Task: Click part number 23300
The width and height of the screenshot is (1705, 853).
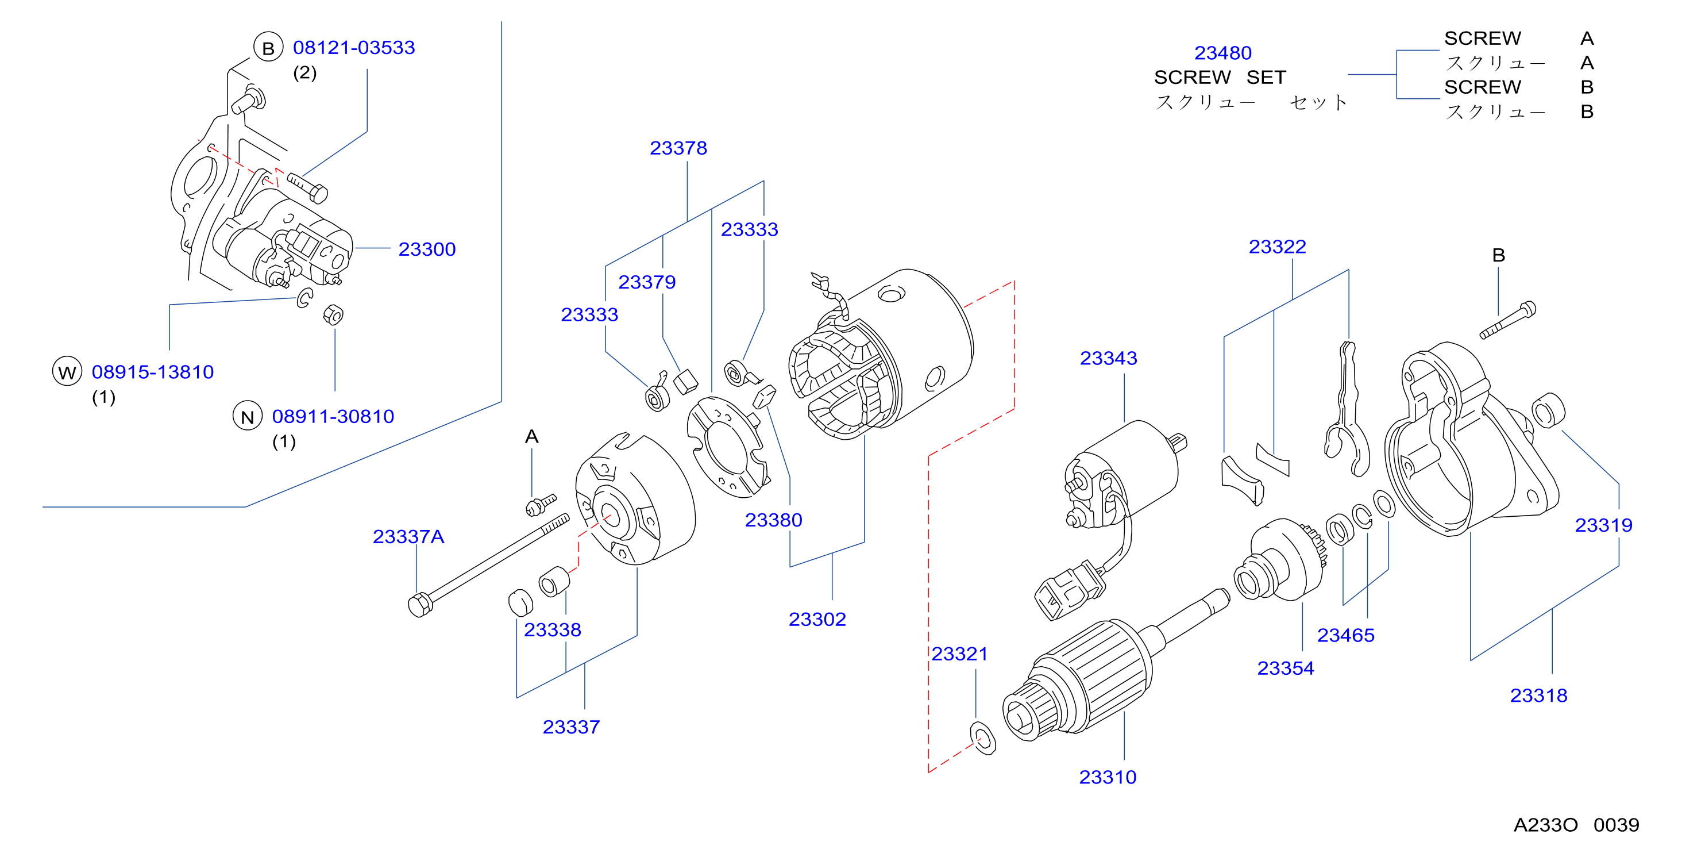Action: [427, 249]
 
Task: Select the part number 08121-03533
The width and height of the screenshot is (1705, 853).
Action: [354, 48]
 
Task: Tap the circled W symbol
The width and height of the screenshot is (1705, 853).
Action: [67, 371]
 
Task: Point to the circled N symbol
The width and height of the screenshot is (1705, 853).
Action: [248, 416]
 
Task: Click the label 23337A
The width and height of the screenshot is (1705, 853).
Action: [408, 536]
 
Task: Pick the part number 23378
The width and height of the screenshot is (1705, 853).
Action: [678, 148]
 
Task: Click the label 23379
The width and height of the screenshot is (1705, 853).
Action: [647, 282]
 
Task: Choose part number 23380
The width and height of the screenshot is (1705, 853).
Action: [774, 520]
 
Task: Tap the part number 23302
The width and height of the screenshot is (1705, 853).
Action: [817, 619]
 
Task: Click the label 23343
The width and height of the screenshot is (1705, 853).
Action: [1109, 358]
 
